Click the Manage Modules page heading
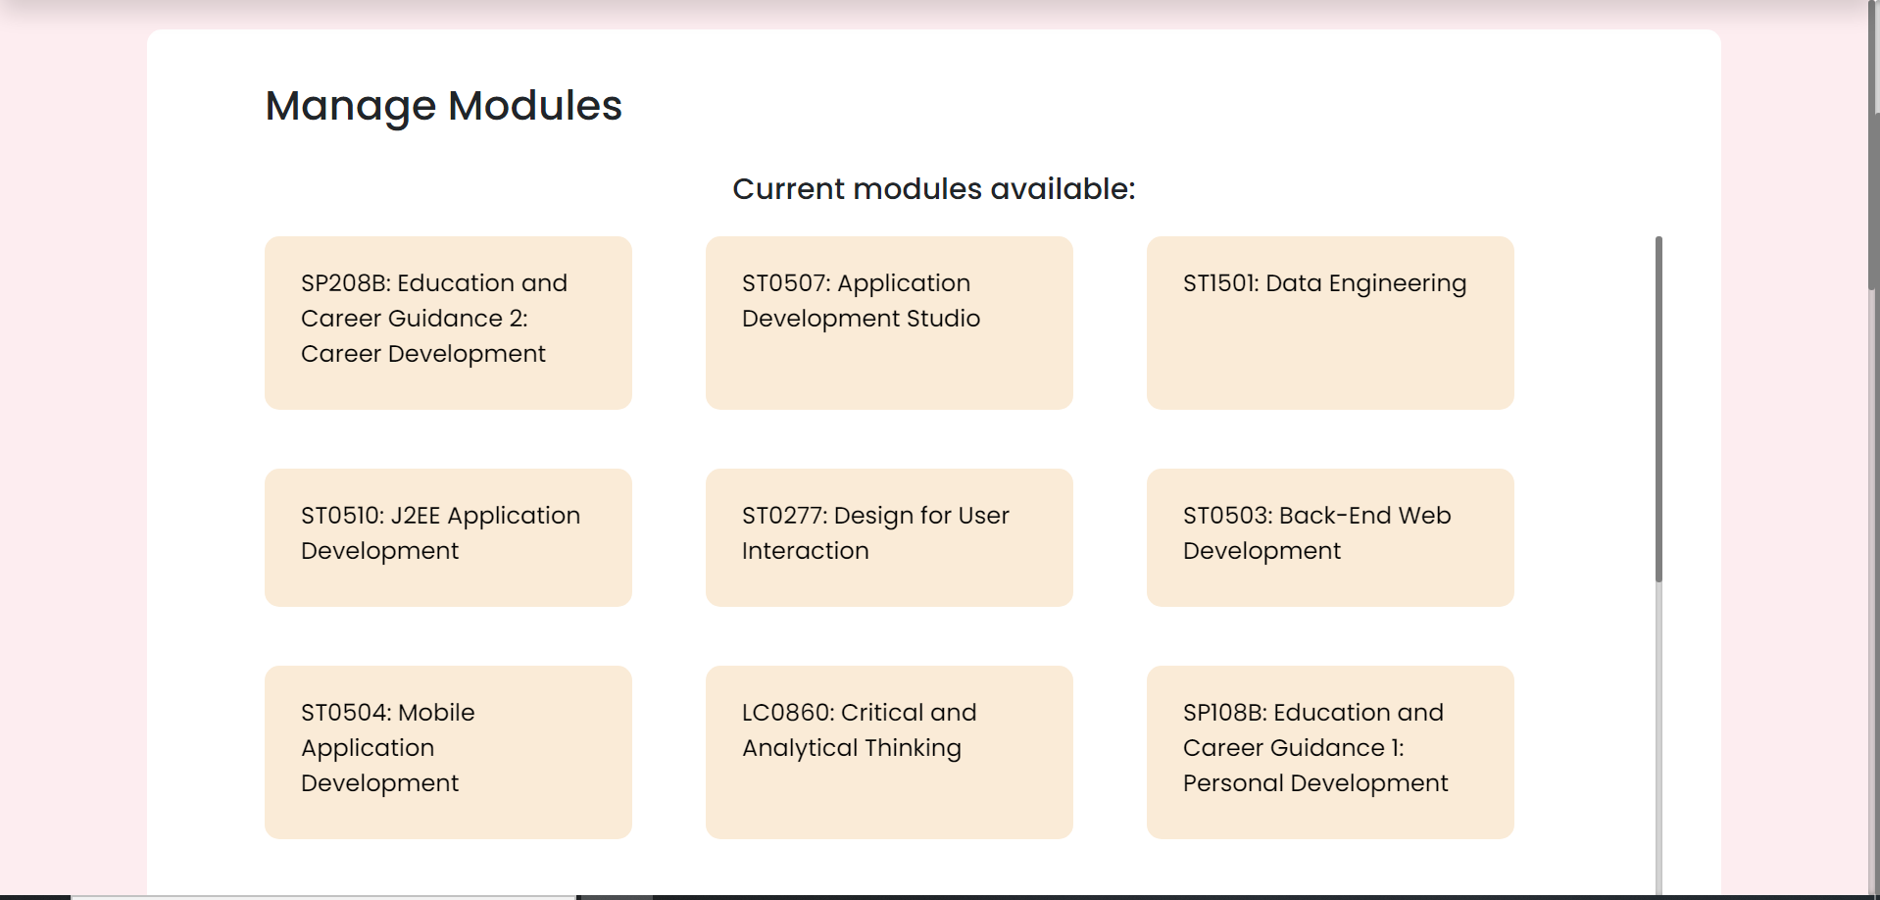(x=443, y=106)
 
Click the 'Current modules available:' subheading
(x=934, y=188)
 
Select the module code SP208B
(x=344, y=283)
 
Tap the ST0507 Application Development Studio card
(x=889, y=323)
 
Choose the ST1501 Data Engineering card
(x=1330, y=323)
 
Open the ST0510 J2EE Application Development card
(x=448, y=537)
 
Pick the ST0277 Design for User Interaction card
(x=889, y=537)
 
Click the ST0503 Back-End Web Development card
(x=1330, y=537)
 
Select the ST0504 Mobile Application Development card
(x=448, y=752)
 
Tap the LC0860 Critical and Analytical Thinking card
(x=889, y=752)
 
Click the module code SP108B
(x=1225, y=713)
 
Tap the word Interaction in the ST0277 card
(x=806, y=551)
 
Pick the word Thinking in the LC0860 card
(x=913, y=749)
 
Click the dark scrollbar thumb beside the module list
(x=1658, y=409)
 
